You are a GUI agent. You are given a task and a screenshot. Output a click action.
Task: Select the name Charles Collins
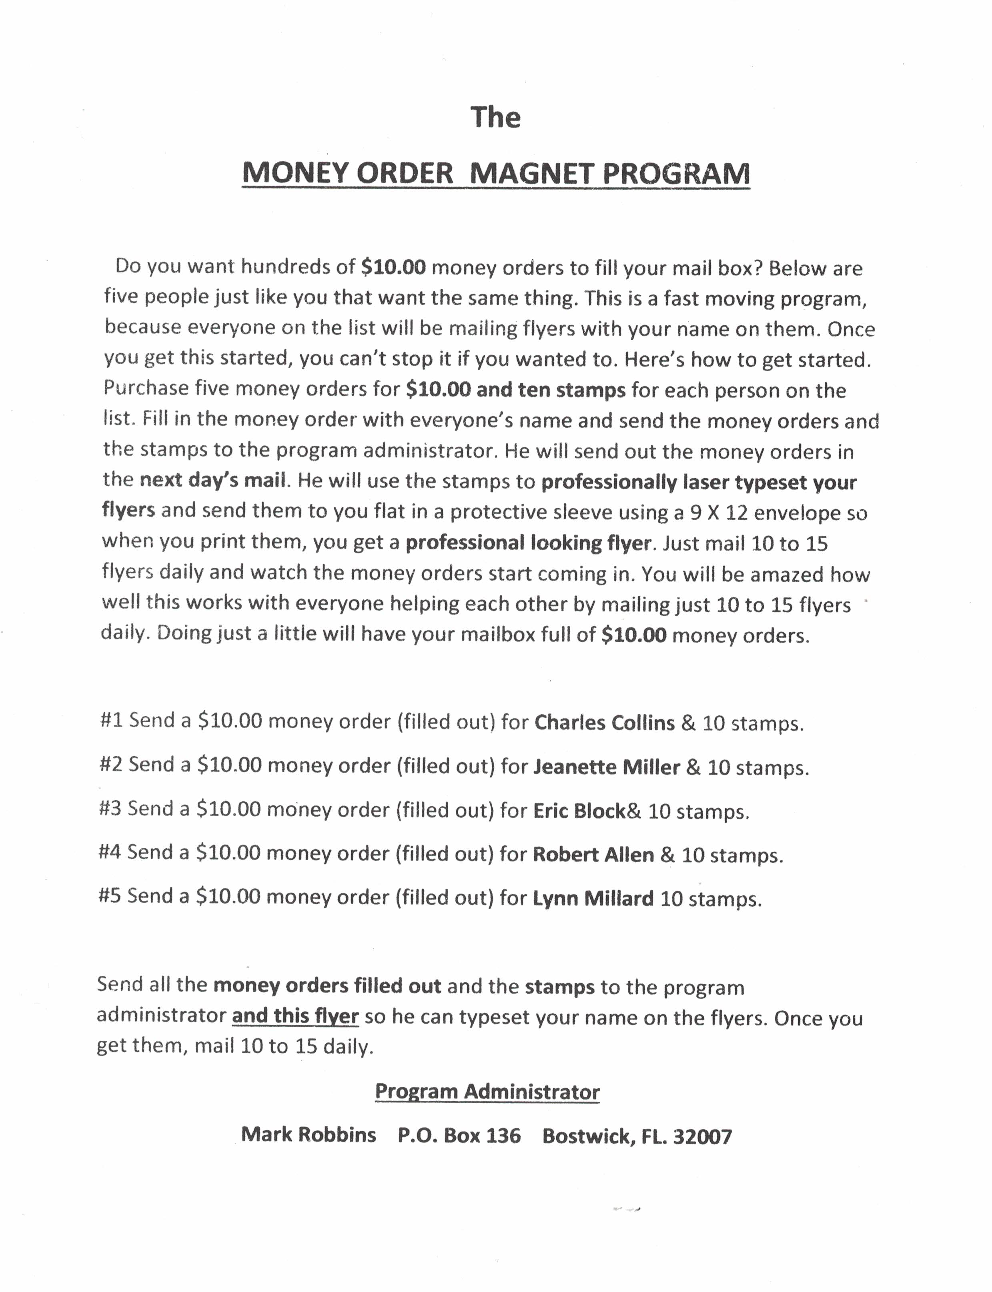pyautogui.click(x=604, y=723)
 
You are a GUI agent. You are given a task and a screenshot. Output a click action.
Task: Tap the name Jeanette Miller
pyautogui.click(x=606, y=767)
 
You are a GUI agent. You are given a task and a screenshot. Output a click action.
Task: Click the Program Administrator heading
pyautogui.click(x=487, y=1091)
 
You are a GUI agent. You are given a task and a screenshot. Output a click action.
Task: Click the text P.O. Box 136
pyautogui.click(x=459, y=1135)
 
